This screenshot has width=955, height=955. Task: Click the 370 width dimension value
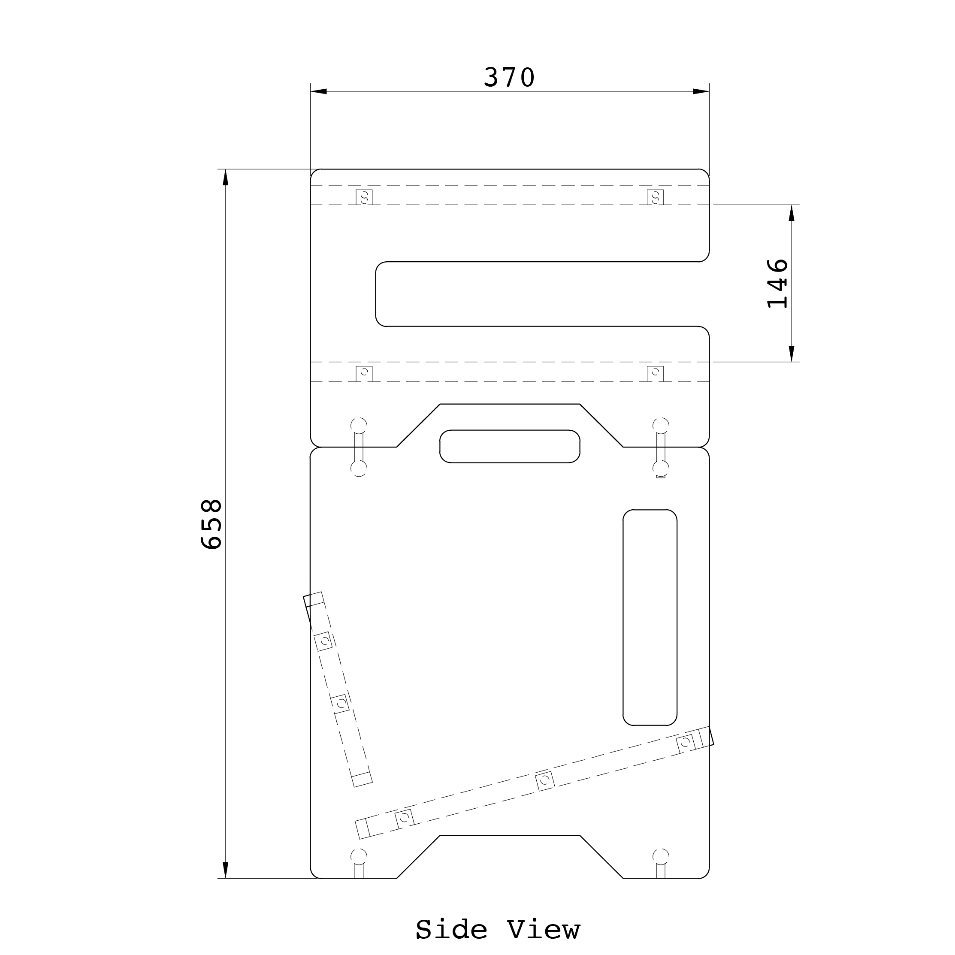(509, 78)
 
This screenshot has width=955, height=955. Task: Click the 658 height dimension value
(212, 524)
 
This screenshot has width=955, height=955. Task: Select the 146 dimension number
(777, 283)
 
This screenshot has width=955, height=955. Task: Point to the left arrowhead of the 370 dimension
(319, 91)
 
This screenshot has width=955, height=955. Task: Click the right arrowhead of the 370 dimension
(701, 91)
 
